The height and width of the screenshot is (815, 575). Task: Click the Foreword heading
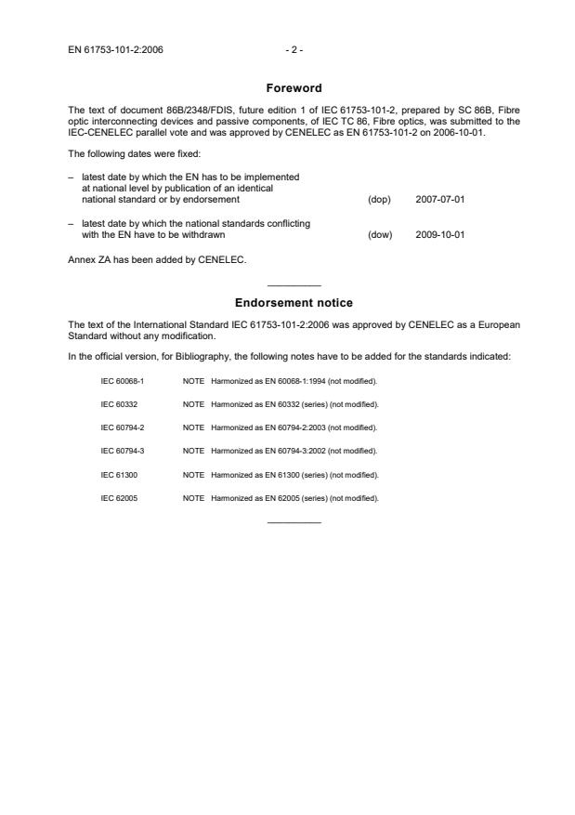(293, 88)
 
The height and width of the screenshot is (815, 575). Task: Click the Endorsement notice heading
(293, 303)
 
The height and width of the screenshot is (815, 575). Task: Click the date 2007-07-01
(439, 199)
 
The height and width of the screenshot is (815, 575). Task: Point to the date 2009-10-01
(439, 234)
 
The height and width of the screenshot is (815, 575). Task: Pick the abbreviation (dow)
(380, 234)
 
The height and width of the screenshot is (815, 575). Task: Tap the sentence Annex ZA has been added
(157, 259)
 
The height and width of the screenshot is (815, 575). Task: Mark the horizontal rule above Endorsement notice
(294, 284)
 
